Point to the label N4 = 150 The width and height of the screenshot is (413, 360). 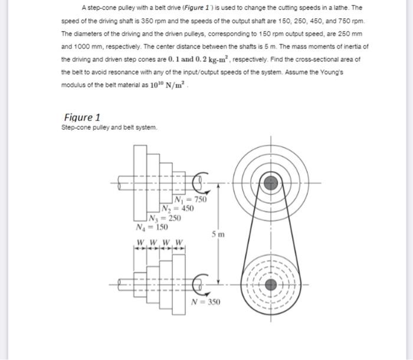tap(152, 227)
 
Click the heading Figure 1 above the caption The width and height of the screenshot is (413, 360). tap(81, 117)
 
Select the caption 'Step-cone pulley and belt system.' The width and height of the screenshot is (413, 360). tap(110, 127)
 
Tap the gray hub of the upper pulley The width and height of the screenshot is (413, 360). tap(271, 183)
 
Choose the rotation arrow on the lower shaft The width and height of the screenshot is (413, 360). tap(201, 284)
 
